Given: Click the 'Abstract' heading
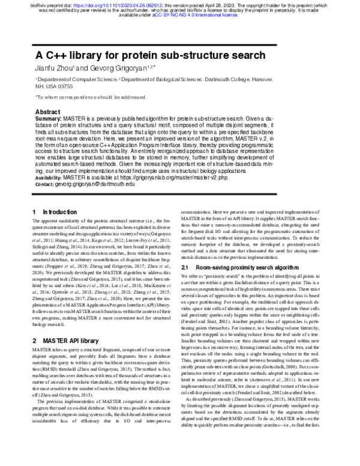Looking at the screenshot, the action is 48,112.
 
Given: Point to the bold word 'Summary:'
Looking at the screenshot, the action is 49,120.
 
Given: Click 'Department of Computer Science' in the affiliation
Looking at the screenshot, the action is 76,79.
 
